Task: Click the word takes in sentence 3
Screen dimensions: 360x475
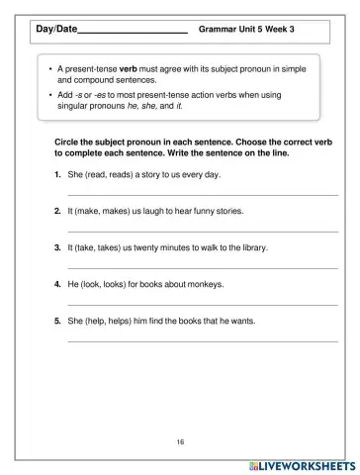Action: coord(115,247)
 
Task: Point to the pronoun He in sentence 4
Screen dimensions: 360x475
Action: coord(73,284)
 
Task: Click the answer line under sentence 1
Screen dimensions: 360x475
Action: coord(202,195)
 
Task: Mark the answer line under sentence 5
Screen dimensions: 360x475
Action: coord(202,341)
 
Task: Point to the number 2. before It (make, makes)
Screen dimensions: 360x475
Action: coord(58,211)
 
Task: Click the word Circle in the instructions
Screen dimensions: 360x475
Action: coord(68,142)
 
